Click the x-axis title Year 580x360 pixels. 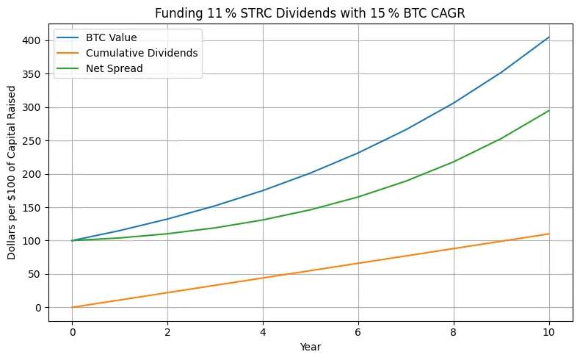point(311,345)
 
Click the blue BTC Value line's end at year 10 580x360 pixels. point(548,37)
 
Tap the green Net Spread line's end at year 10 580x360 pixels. point(548,111)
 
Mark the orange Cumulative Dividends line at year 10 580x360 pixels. point(548,234)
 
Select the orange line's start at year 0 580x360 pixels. point(72,307)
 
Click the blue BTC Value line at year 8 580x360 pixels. point(454,103)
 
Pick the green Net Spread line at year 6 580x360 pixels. point(358,197)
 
